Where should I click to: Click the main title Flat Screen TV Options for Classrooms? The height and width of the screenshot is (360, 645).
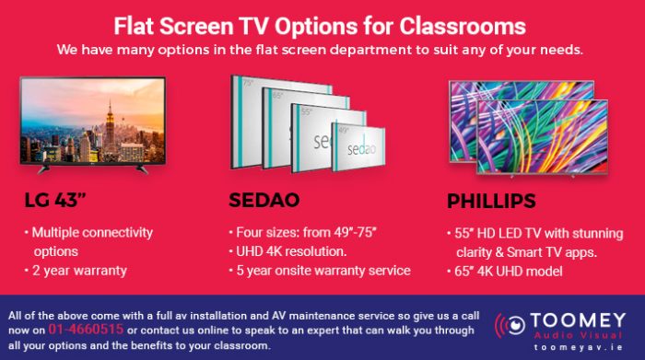coord(322,24)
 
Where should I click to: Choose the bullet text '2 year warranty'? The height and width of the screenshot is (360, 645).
coord(78,271)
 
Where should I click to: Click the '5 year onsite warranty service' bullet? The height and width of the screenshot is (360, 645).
coord(322,271)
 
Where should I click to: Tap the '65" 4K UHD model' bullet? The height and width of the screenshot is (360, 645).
coord(513,271)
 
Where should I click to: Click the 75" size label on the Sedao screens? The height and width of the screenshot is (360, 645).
coord(247,83)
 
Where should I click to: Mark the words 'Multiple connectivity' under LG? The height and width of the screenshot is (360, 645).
coord(92,232)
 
